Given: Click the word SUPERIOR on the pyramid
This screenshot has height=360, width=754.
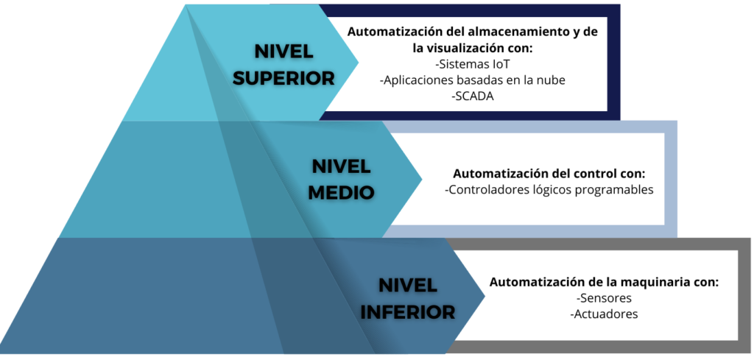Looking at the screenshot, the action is [x=283, y=78].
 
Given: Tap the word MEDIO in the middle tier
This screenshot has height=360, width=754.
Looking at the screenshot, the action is [x=342, y=192].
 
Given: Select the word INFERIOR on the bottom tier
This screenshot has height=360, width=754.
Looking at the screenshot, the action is [x=408, y=312].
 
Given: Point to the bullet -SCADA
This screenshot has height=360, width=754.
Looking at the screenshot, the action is [x=473, y=96].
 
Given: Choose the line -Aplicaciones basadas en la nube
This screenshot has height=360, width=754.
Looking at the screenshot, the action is [x=473, y=80].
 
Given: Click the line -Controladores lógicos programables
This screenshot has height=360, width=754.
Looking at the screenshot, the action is [x=549, y=190].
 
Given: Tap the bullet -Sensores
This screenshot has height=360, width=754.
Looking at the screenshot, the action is [x=604, y=298].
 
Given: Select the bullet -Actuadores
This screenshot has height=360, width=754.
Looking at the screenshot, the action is [x=604, y=314].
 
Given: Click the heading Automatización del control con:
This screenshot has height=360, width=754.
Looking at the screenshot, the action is [x=549, y=173].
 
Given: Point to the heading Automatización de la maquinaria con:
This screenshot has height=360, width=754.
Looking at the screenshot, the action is [x=604, y=282].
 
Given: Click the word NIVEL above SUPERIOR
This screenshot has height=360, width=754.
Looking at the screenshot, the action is [x=283, y=52].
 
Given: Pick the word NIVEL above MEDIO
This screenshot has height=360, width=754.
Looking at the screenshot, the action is [x=342, y=166].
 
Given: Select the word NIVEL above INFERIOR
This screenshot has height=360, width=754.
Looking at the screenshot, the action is [x=408, y=286].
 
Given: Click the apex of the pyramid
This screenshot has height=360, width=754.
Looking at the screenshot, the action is [x=186, y=5].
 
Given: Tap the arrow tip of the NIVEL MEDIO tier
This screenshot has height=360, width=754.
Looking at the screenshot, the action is [x=422, y=179].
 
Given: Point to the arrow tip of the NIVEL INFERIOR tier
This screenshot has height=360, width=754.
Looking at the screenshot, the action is [x=485, y=296].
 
